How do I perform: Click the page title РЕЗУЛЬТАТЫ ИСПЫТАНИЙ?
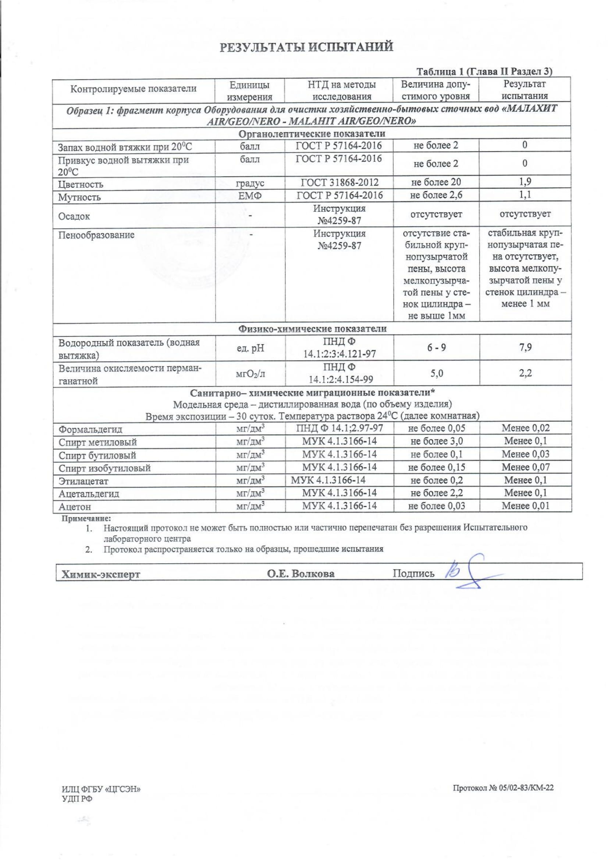pyautogui.click(x=306, y=47)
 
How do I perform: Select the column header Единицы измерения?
pyautogui.click(x=249, y=91)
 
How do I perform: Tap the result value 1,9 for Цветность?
pyautogui.click(x=525, y=182)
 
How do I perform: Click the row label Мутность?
pyautogui.click(x=79, y=197)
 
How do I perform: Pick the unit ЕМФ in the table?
pyautogui.click(x=250, y=195)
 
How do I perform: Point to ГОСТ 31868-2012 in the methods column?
pyautogui.click(x=339, y=182)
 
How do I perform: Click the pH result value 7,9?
pyautogui.click(x=525, y=347)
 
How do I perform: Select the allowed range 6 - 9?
pyautogui.click(x=437, y=347)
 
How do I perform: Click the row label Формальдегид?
pyautogui.click(x=90, y=429)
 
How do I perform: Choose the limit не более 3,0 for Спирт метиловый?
pyautogui.click(x=437, y=441)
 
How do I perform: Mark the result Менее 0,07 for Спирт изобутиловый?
pyautogui.click(x=525, y=467)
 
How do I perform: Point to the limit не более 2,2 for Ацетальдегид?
pyautogui.click(x=437, y=493)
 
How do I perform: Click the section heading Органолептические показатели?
pyautogui.click(x=312, y=134)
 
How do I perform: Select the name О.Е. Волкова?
pyautogui.click(x=301, y=574)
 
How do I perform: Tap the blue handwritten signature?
pyautogui.click(x=468, y=572)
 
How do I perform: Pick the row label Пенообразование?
pyautogui.click(x=96, y=235)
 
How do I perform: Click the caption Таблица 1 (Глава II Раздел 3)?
pyautogui.click(x=485, y=72)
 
